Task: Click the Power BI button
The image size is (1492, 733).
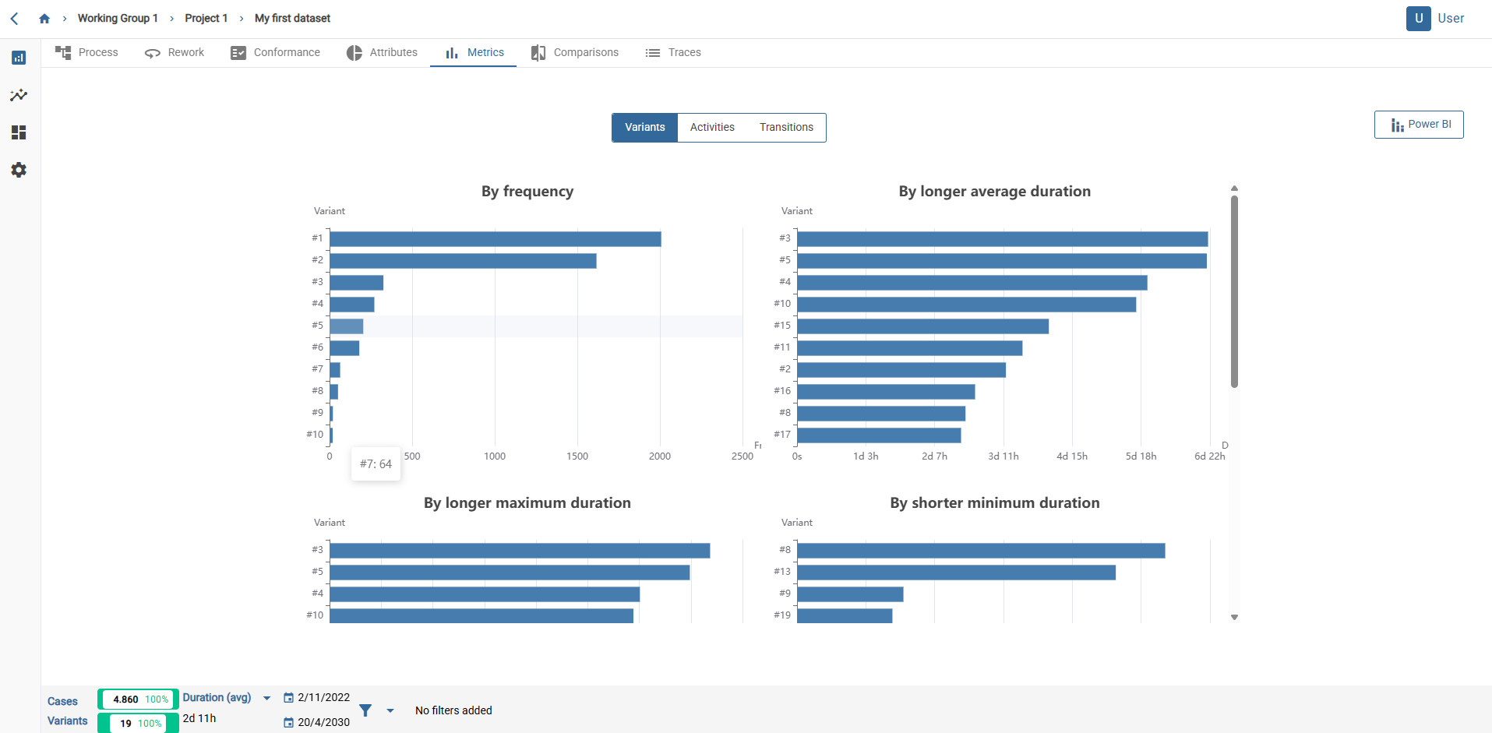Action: [1419, 125]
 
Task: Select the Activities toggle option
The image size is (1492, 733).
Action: [711, 128]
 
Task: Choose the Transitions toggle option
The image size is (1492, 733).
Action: [785, 128]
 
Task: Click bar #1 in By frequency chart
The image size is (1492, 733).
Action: [495, 239]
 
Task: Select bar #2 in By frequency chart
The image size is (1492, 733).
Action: [463, 261]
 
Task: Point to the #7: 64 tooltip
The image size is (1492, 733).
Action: [376, 464]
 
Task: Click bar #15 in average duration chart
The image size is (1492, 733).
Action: [922, 326]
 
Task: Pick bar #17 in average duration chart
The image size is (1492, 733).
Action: [879, 435]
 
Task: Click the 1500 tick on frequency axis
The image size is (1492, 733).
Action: [577, 456]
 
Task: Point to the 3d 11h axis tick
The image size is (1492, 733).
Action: [1003, 456]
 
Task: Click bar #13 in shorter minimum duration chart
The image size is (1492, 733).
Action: [956, 573]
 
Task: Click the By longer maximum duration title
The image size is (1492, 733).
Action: [527, 503]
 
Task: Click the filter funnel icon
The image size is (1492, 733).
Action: [365, 710]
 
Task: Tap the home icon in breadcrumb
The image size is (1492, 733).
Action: [44, 19]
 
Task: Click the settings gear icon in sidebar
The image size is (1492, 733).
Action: [19, 170]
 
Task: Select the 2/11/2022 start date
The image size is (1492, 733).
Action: [323, 698]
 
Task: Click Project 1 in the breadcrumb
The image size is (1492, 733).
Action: [206, 19]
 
